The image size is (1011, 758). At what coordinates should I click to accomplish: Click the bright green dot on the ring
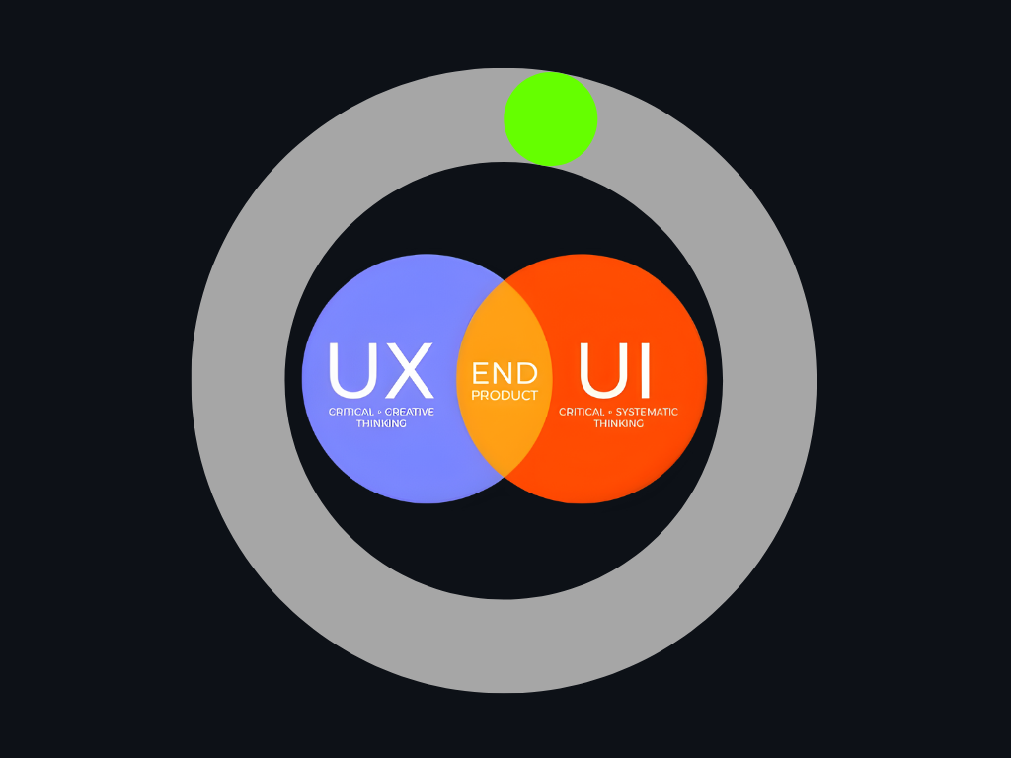[x=550, y=118]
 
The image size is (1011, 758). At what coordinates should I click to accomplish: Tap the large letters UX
[x=380, y=371]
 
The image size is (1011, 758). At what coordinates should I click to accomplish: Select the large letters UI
[x=614, y=371]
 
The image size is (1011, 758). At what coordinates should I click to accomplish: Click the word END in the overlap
[x=505, y=373]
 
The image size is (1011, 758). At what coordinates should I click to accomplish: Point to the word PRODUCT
[x=505, y=396]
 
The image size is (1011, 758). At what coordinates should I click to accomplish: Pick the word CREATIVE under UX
[x=409, y=412]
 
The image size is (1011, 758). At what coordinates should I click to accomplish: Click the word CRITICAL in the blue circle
[x=351, y=412]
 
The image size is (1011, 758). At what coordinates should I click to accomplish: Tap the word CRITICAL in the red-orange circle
[x=583, y=412]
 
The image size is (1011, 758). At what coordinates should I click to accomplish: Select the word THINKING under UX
[x=381, y=423]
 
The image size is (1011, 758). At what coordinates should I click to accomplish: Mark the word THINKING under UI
[x=618, y=423]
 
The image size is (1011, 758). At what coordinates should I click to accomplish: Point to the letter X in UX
[x=408, y=371]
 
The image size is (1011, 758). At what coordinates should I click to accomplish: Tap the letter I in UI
[x=644, y=371]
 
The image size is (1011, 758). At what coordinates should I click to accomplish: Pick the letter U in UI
[x=602, y=371]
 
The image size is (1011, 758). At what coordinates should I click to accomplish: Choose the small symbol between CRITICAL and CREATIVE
[x=379, y=412]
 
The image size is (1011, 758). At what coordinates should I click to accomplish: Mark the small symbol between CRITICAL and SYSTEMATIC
[x=610, y=412]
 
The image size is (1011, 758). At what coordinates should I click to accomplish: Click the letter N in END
[x=504, y=373]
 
